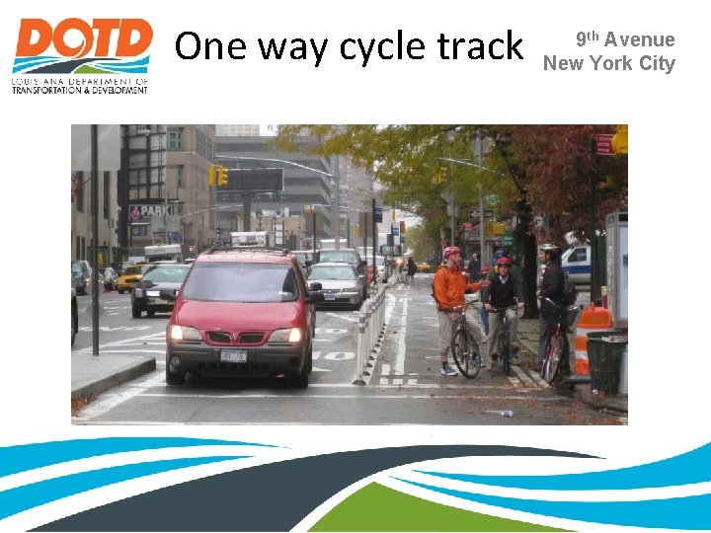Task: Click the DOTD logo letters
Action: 82,42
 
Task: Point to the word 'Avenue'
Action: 640,39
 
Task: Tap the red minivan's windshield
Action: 240,284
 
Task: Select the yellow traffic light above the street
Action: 222,176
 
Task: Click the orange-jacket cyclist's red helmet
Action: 452,253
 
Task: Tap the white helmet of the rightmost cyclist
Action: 548,248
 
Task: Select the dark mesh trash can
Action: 605,362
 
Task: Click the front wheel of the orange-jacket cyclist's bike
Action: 465,352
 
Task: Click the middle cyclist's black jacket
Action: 504,291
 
